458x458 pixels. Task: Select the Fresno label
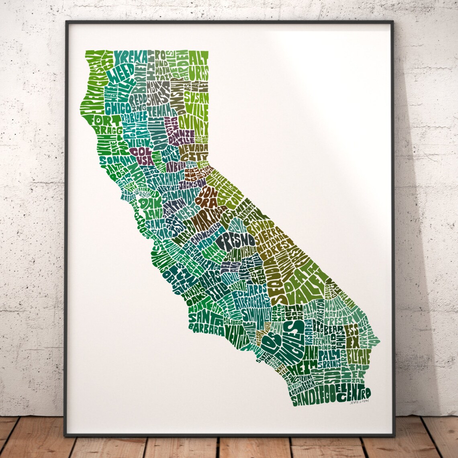tap(236, 240)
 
